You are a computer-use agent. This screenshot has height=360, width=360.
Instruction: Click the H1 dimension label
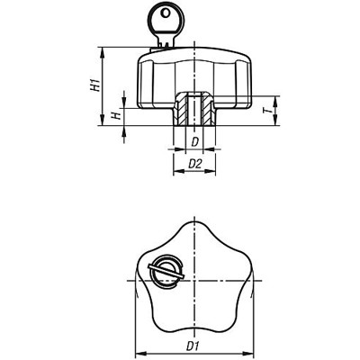pos(94,86)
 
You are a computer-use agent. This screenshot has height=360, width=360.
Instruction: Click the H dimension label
pos(114,116)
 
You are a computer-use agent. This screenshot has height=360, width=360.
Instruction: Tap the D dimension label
pos(195,141)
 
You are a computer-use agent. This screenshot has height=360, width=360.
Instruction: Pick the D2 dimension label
pos(193,165)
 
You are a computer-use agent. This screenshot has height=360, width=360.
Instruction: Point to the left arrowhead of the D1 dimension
pos(139,353)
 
